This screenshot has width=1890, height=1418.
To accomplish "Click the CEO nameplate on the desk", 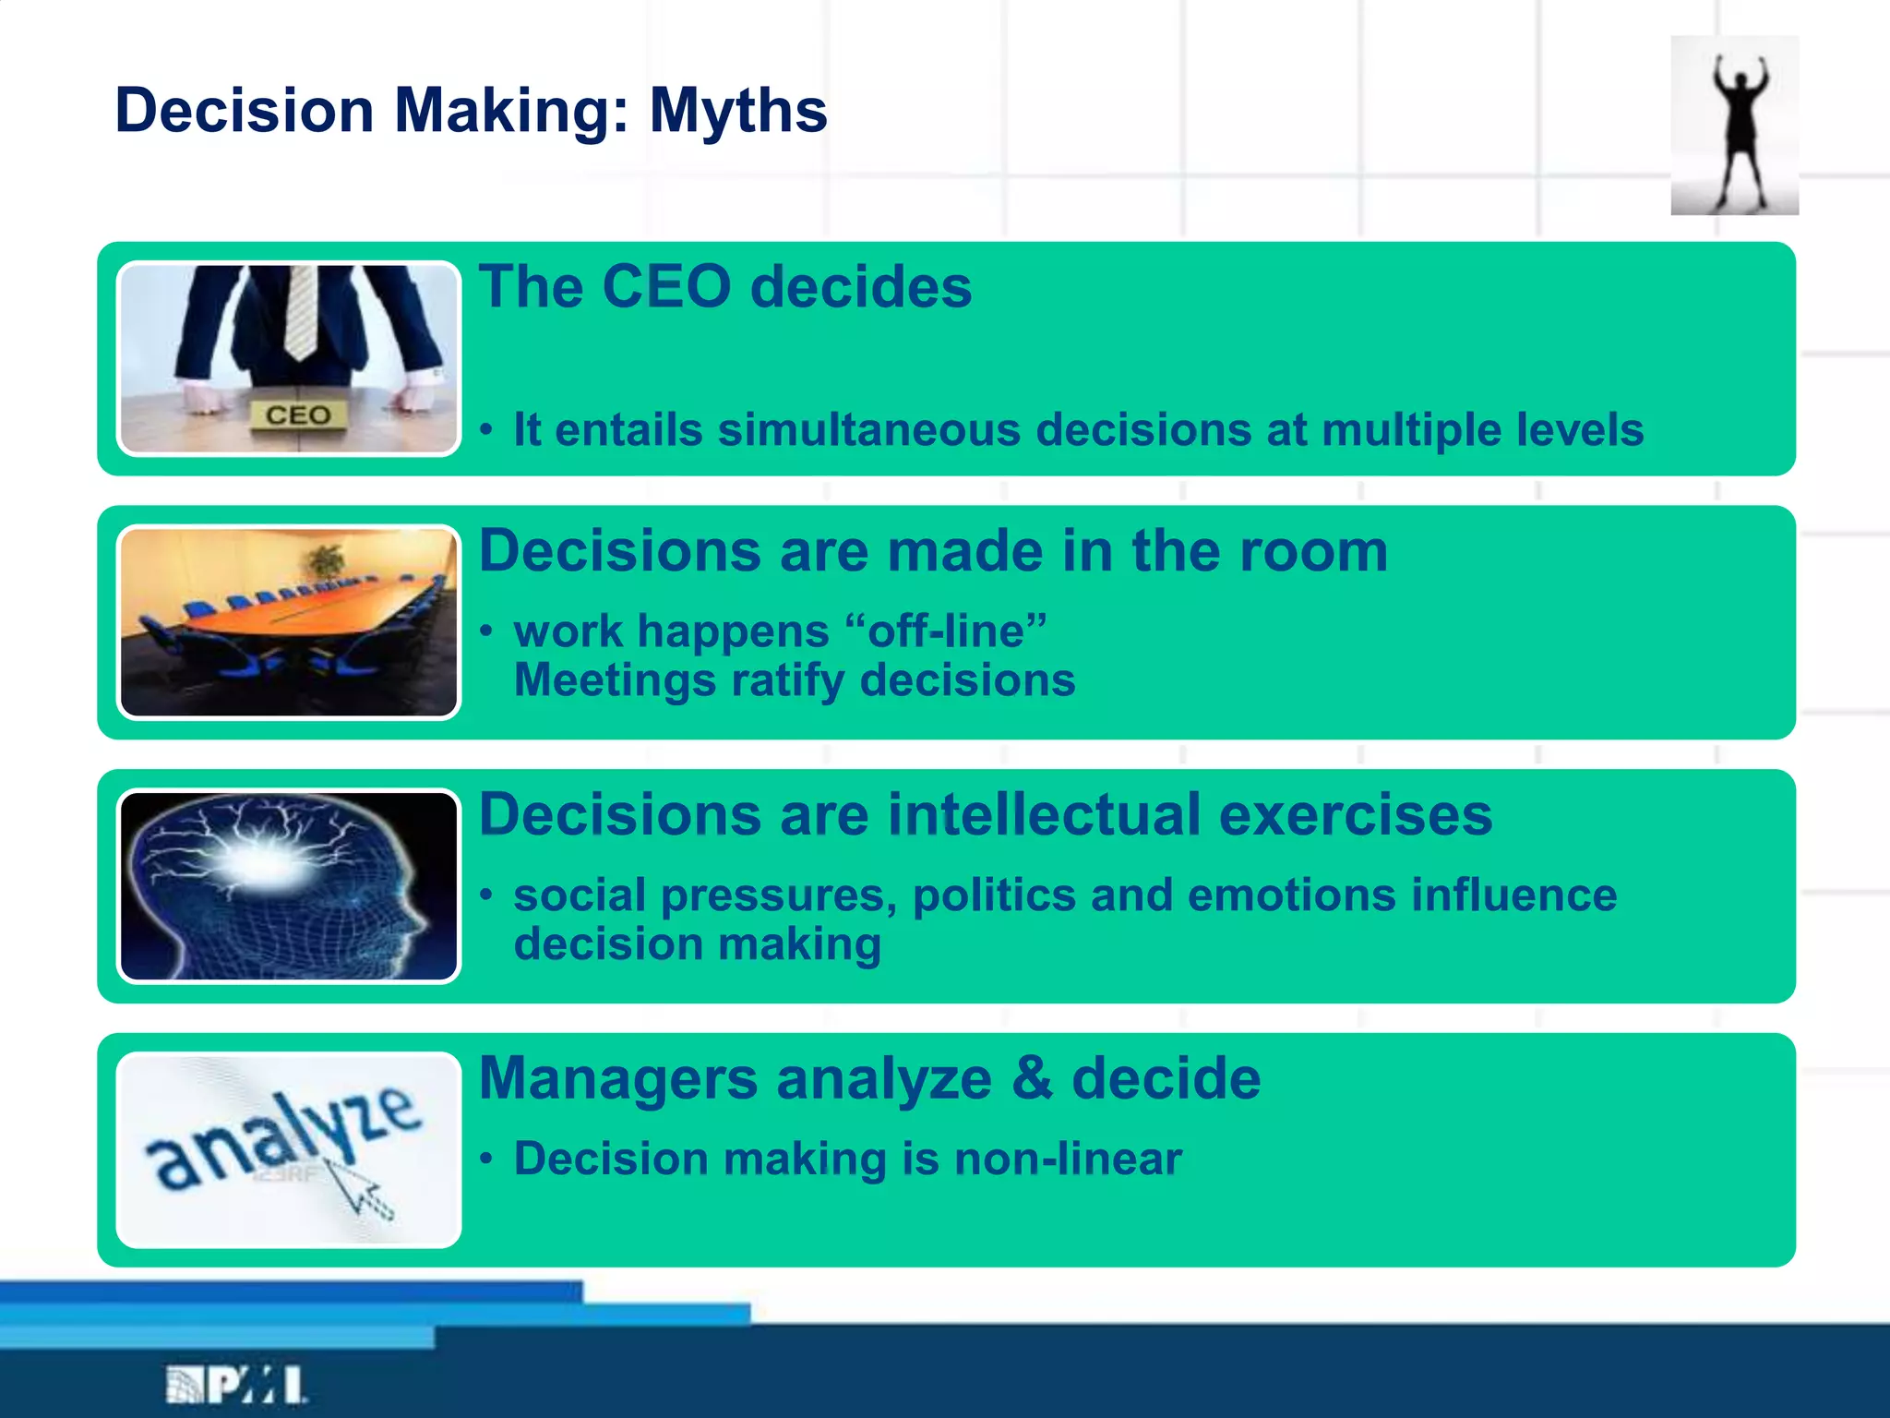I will click(298, 415).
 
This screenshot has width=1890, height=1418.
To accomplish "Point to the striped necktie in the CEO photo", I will click(300, 309).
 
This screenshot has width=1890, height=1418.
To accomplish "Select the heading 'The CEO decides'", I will click(725, 286).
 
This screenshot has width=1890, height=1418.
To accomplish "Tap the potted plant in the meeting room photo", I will click(325, 560).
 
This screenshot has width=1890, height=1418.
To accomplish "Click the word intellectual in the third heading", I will click(1044, 815).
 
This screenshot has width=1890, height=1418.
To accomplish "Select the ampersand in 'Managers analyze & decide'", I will click(1032, 1078).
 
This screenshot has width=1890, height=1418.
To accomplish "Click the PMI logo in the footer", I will click(236, 1385).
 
